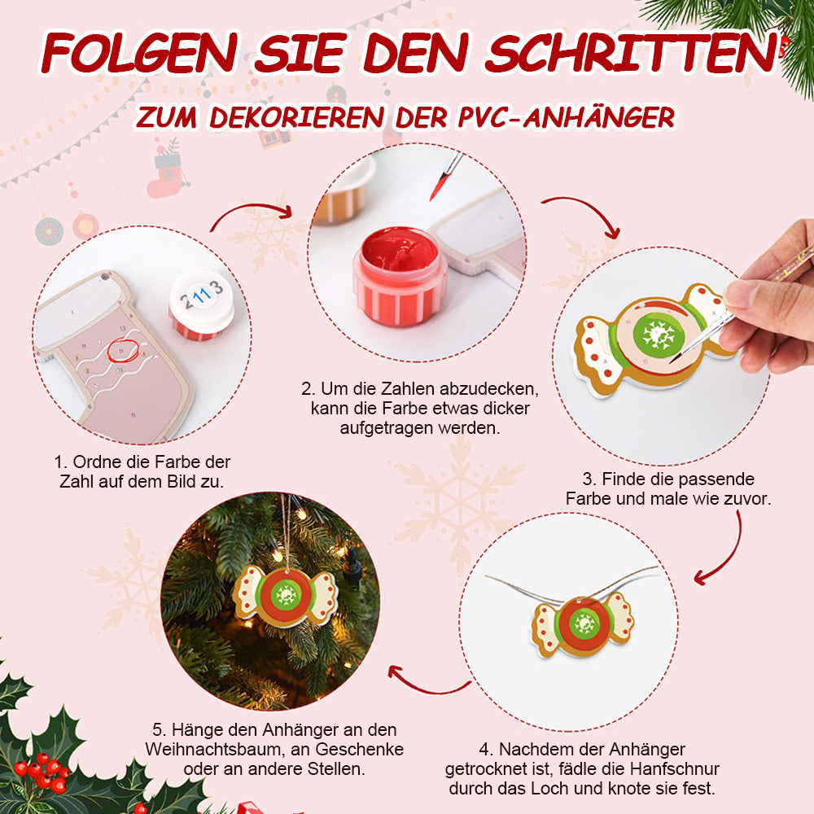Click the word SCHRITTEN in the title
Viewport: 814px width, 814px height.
pos(632,53)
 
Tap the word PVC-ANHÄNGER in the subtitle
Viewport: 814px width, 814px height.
pos(567,117)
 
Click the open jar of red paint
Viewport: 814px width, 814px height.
pos(399,276)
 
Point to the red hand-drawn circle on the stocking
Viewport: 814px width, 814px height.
pos(124,350)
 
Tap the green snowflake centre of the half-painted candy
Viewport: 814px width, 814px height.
pos(659,335)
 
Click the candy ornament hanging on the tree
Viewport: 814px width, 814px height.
pos(285,597)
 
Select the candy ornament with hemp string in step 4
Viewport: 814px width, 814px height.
pos(584,626)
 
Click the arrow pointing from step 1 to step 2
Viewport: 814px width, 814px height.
pos(250,208)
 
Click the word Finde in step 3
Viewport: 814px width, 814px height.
pos(619,479)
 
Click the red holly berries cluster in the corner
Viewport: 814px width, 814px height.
pos(42,771)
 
